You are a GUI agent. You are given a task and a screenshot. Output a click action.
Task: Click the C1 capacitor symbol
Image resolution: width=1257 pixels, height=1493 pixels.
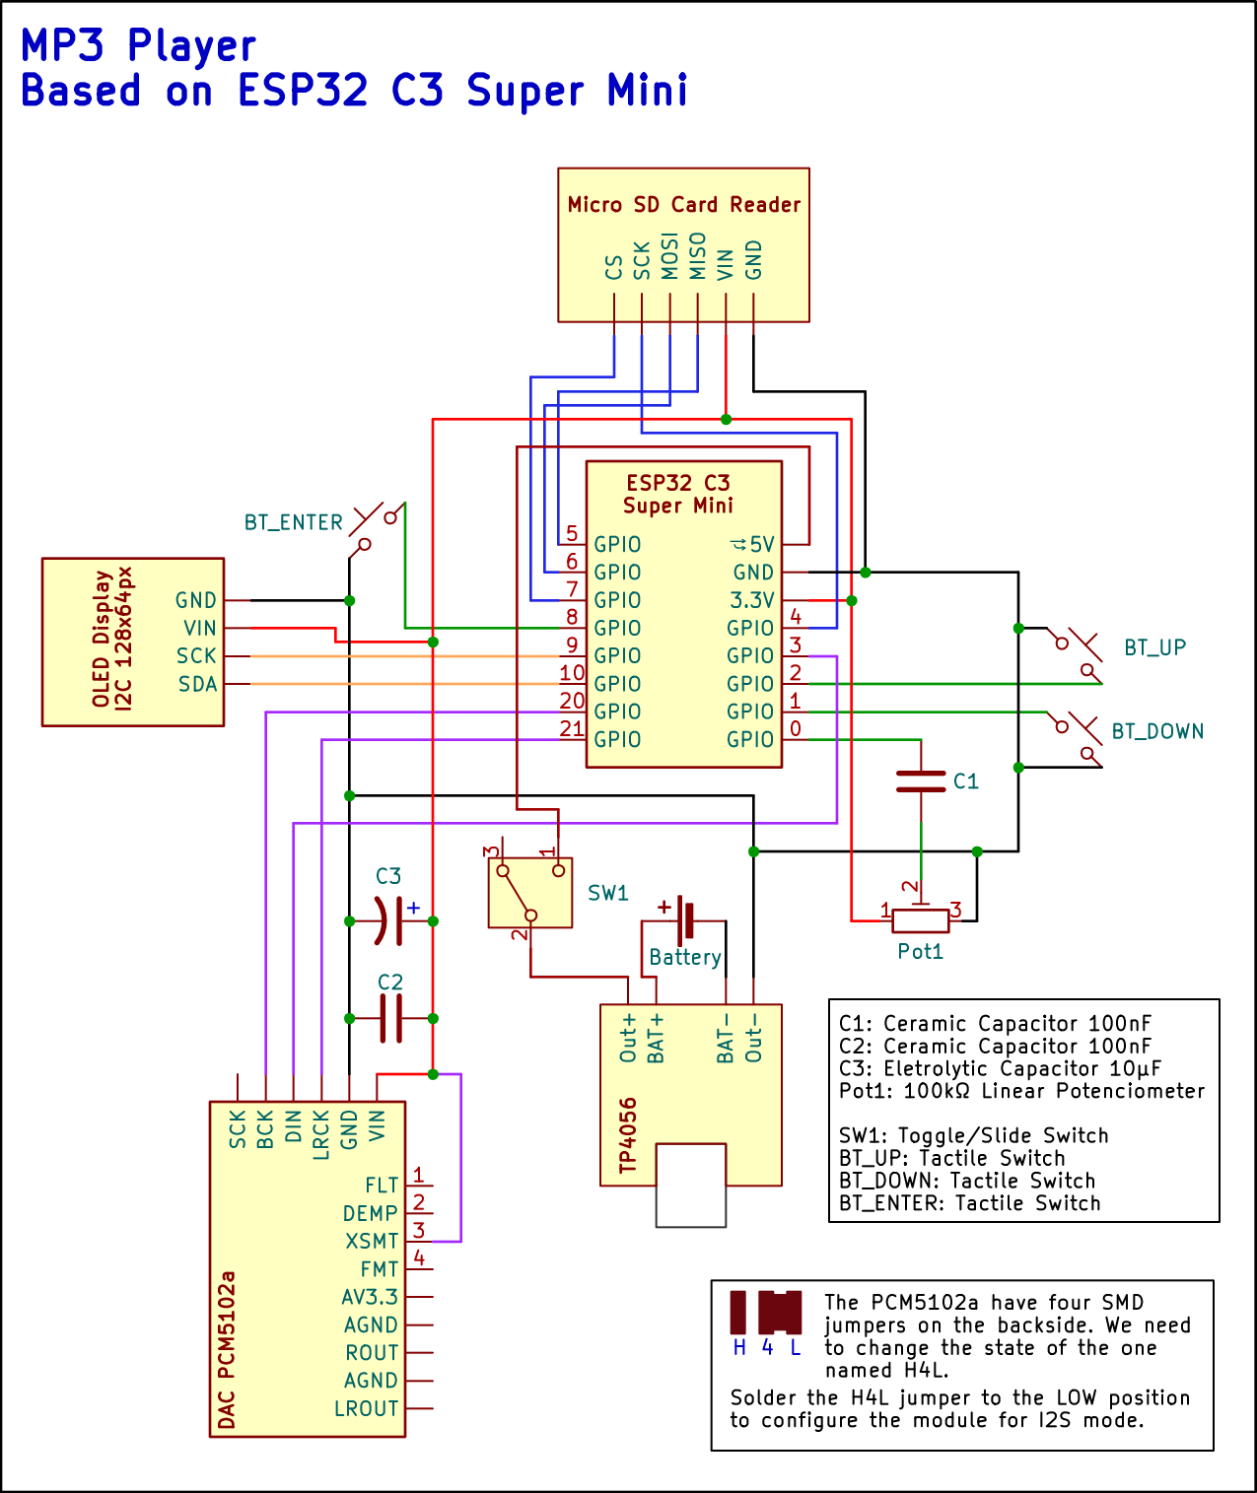[x=920, y=781]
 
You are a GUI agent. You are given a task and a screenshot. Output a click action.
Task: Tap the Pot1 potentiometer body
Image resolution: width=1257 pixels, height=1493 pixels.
[x=920, y=921]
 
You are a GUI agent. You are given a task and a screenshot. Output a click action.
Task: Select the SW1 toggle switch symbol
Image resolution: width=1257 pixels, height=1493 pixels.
[x=530, y=893]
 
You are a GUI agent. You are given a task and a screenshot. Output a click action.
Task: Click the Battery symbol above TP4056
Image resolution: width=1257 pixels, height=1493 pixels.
[x=685, y=917]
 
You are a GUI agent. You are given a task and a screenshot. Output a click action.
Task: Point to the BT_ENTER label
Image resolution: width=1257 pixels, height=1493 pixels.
[x=294, y=522]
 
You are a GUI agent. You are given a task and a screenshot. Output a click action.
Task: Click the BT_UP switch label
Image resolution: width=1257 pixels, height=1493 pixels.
[x=1154, y=647]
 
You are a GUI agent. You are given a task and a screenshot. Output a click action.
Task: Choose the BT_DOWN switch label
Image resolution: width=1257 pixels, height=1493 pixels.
[x=1157, y=731]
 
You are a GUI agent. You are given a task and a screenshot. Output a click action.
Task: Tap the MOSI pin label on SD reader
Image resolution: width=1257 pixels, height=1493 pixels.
[x=669, y=255]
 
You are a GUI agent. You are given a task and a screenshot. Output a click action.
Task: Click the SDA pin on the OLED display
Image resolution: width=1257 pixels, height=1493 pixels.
[x=197, y=684]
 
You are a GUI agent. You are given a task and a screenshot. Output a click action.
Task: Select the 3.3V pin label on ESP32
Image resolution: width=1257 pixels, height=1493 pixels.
[x=752, y=600]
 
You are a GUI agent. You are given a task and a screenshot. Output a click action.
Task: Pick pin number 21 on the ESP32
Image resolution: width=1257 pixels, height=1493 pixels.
[x=572, y=728]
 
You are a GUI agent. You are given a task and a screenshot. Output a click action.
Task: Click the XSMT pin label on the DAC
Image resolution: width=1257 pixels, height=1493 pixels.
[x=372, y=1241]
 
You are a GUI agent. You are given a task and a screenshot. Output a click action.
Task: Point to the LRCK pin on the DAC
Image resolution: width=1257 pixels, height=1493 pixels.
[x=320, y=1134]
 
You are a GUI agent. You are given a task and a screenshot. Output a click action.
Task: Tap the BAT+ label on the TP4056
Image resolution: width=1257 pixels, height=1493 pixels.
[x=656, y=1039]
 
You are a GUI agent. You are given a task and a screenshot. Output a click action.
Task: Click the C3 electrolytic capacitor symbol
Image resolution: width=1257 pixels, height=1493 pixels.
[x=390, y=921]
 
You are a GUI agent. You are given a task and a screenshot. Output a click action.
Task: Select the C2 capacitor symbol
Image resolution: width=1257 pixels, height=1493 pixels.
[x=390, y=1018]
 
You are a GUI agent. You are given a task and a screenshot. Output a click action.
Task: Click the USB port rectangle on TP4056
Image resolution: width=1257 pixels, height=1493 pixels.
[x=690, y=1186]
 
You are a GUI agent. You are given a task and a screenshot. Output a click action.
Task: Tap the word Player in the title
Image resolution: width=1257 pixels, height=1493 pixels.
[x=191, y=45]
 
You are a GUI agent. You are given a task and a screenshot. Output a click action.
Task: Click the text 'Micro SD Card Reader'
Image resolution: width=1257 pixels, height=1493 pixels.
[x=684, y=205]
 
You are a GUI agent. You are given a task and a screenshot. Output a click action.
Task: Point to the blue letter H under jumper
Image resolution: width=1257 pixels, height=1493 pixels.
[x=739, y=1348]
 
